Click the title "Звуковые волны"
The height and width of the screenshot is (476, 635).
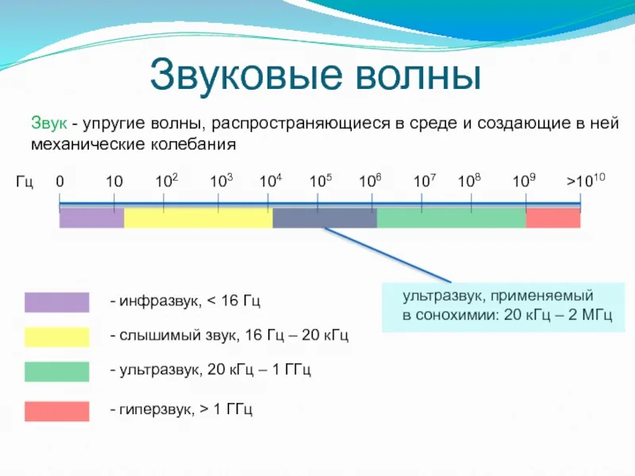[x=317, y=75]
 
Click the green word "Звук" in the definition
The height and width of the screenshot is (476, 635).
[x=48, y=125]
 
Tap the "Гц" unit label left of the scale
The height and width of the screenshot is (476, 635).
[x=25, y=182]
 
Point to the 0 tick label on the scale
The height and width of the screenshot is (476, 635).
[x=60, y=182]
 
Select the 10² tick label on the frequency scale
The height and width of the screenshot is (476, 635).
[x=166, y=182]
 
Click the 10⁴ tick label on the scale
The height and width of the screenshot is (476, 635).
[x=271, y=182]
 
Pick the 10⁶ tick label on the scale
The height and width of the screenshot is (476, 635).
[x=370, y=182]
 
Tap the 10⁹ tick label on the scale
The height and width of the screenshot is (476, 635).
[x=523, y=182]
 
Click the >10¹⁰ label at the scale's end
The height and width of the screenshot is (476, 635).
[x=586, y=182]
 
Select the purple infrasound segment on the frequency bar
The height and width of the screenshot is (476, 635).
[x=91, y=218]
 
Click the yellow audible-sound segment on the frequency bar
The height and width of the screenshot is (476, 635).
[x=198, y=218]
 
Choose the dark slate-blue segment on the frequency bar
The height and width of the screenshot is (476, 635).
[x=324, y=218]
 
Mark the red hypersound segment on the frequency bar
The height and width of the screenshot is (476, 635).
[x=552, y=218]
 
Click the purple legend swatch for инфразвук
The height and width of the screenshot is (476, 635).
[x=56, y=302]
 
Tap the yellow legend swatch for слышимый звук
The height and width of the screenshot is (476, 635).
[x=56, y=336]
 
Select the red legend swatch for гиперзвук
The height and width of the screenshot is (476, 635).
[x=56, y=411]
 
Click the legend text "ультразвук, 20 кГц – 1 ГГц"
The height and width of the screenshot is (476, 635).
[x=210, y=370]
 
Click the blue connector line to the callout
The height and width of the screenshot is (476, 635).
[x=389, y=255]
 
